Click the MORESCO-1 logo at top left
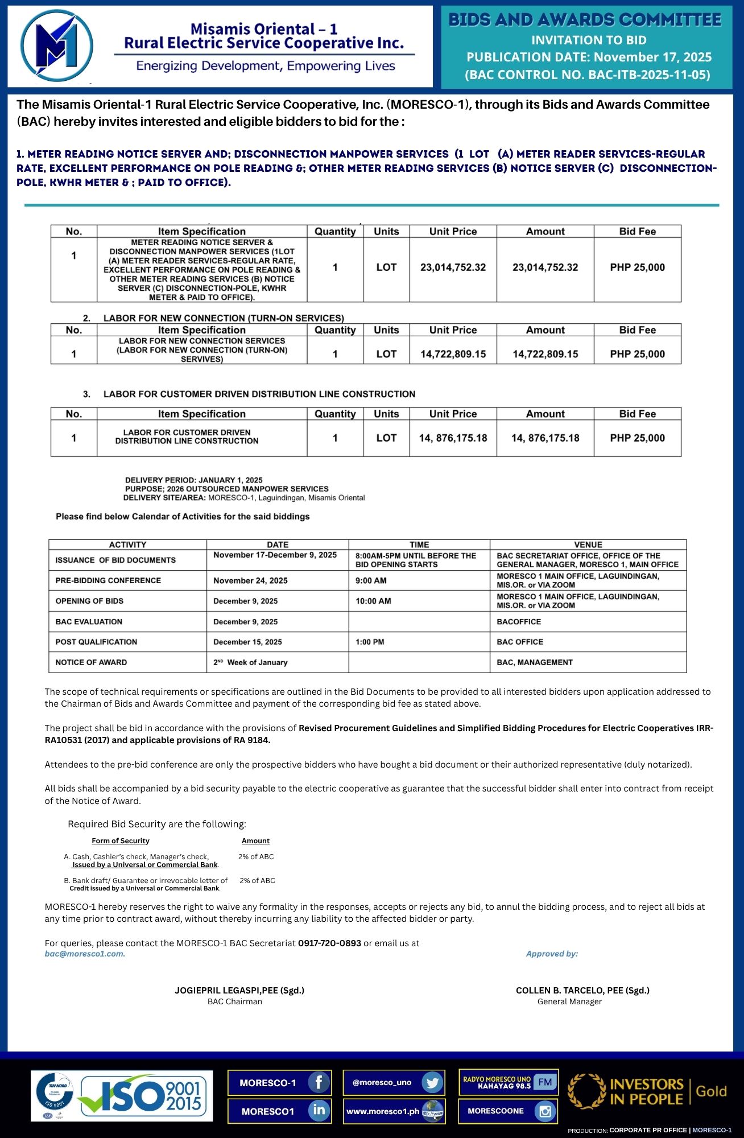click(x=56, y=46)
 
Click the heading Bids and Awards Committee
click(x=585, y=20)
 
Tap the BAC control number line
click(x=588, y=75)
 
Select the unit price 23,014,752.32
click(x=453, y=267)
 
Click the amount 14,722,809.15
click(x=545, y=354)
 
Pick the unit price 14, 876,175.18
click(x=453, y=438)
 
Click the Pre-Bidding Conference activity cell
click(x=108, y=580)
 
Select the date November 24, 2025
click(x=250, y=580)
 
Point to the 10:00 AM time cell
click(x=373, y=601)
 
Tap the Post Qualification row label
click(x=96, y=642)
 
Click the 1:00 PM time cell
click(x=370, y=642)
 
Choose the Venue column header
click(x=588, y=545)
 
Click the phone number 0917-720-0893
click(x=329, y=943)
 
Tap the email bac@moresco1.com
click(x=85, y=954)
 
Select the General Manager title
click(x=569, y=1001)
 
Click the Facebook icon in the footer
click(x=319, y=1082)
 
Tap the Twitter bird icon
click(x=433, y=1082)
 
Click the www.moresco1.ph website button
click(x=394, y=1111)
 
